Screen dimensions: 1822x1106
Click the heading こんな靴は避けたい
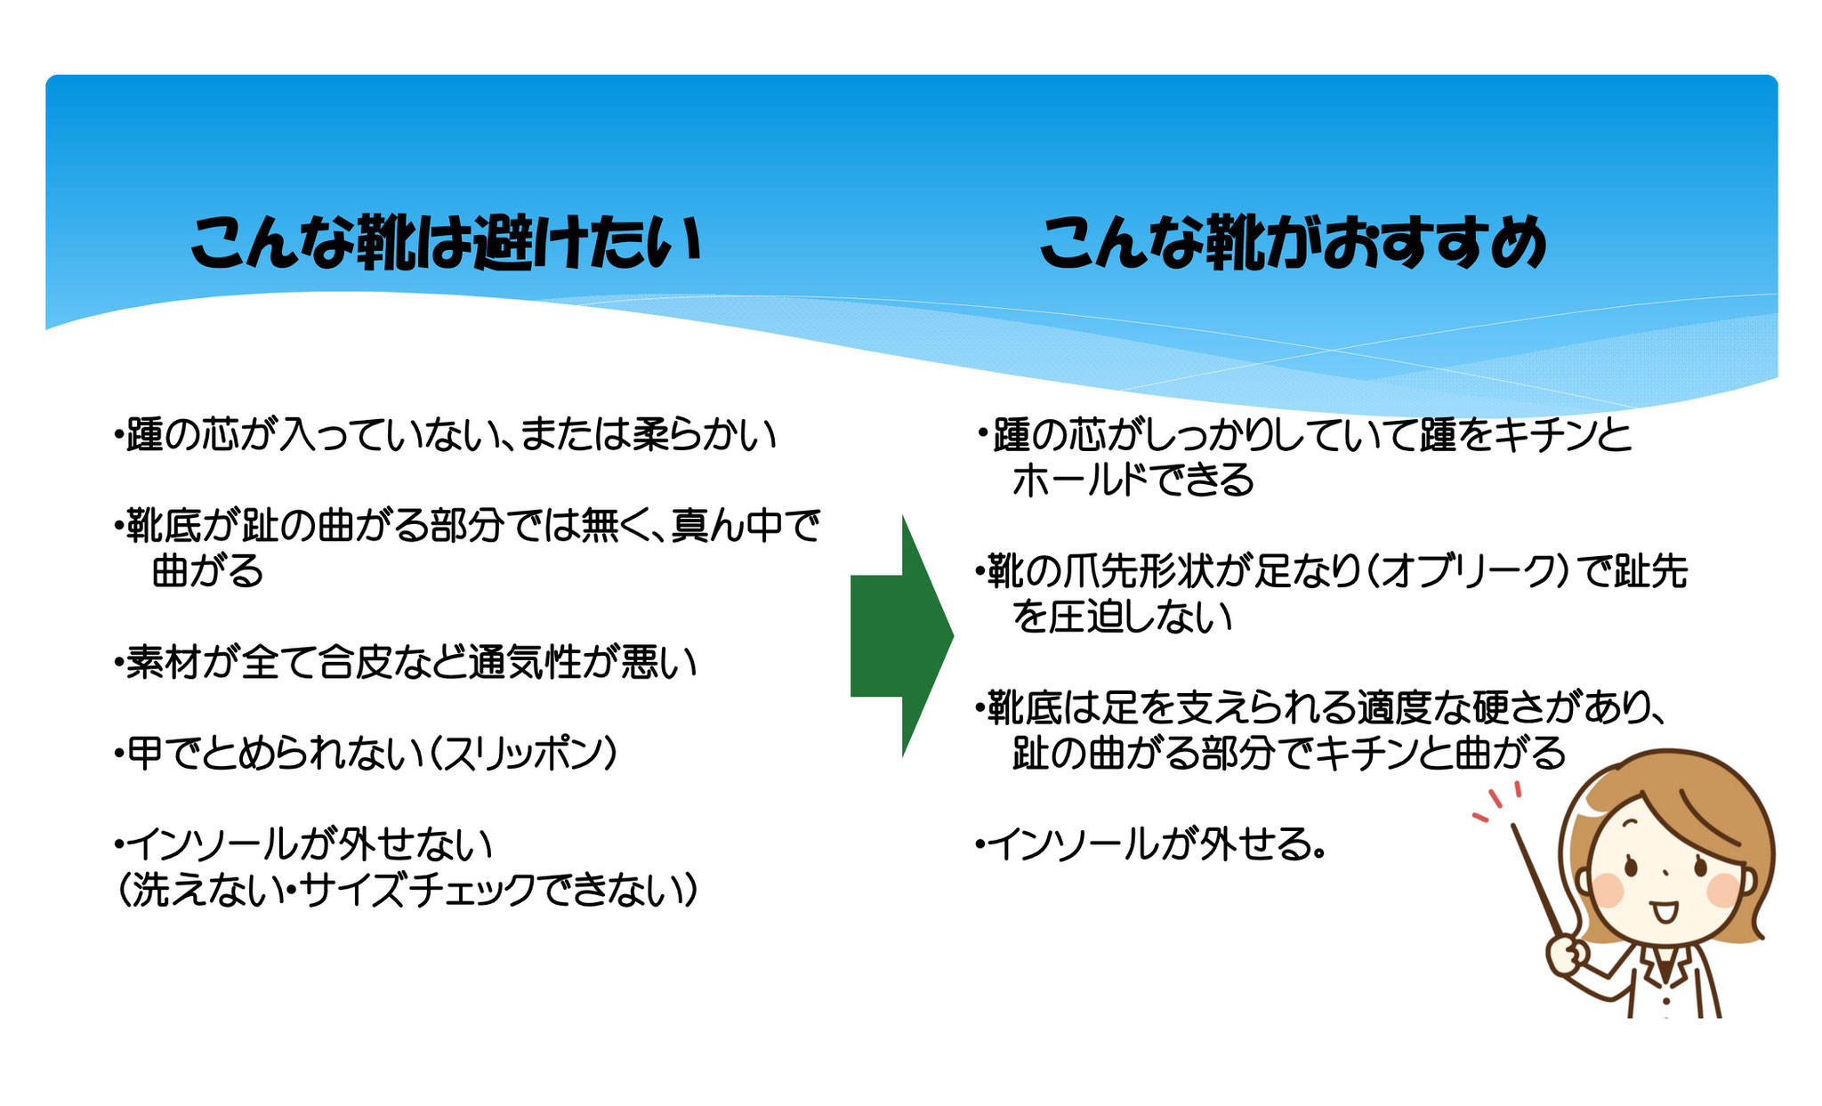pyautogui.click(x=447, y=241)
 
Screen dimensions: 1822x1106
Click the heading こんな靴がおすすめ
pyautogui.click(x=1294, y=242)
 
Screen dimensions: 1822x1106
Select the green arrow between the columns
pyautogui.click(x=902, y=636)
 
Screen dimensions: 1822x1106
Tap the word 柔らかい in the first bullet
pyautogui.click(x=703, y=435)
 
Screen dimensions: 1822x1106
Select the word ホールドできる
pyautogui.click(x=1133, y=480)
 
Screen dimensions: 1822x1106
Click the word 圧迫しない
pyautogui.click(x=1141, y=617)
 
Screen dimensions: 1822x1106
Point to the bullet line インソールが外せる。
pyautogui.click(x=1151, y=844)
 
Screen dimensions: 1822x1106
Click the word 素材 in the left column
pyautogui.click(x=164, y=662)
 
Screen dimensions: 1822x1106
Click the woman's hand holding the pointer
pyautogui.click(x=1568, y=956)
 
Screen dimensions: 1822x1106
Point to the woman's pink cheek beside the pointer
pyautogui.click(x=1608, y=889)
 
